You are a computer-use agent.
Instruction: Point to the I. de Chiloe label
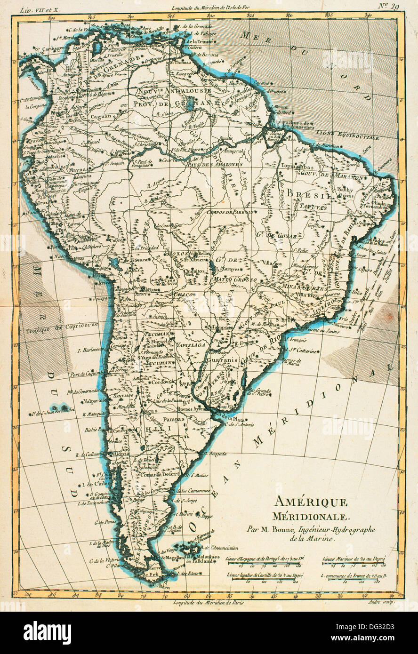[43, 483]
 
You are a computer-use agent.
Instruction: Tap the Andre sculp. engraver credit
[381, 602]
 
